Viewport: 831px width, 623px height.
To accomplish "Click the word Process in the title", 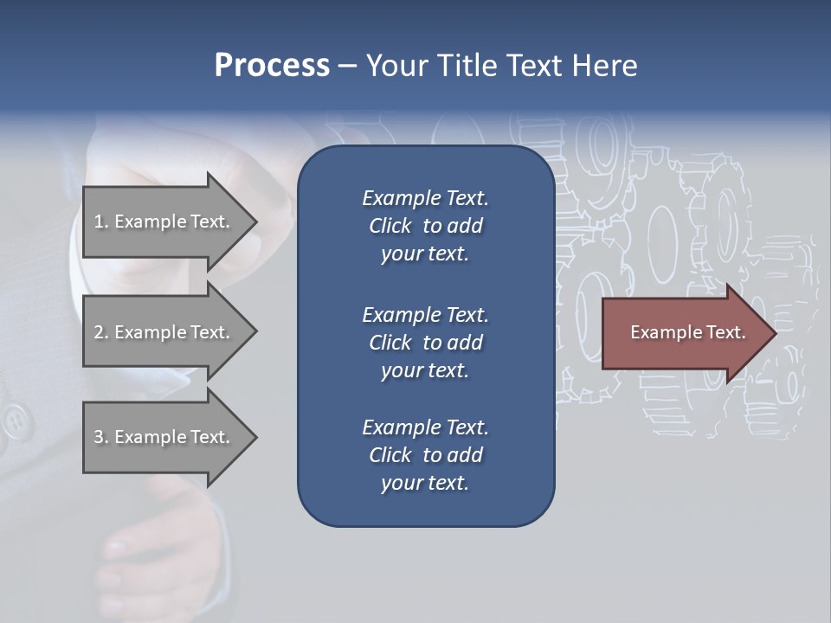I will [272, 66].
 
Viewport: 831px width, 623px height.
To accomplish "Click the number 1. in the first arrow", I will [101, 222].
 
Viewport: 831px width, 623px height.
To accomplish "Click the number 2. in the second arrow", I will [101, 332].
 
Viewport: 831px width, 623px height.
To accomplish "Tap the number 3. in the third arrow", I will [101, 437].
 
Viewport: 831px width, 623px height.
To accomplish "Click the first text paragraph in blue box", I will [425, 226].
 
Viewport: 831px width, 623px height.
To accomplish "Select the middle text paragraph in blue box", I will [425, 342].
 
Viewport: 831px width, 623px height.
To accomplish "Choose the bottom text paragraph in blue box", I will [425, 455].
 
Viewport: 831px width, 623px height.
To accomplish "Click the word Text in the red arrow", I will [726, 332].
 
